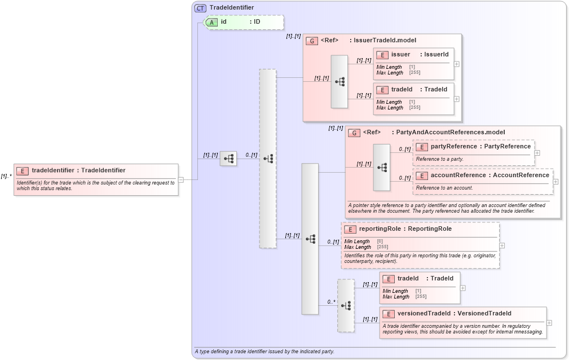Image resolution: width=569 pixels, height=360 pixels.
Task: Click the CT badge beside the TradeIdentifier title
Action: pos(200,8)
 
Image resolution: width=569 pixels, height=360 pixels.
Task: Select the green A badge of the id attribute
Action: pos(212,22)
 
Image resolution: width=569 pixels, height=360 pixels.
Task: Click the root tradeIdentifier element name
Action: pos(78,170)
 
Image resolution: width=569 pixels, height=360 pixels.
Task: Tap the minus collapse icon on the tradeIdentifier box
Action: pos(180,180)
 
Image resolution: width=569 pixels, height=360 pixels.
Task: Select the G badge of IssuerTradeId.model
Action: pos(312,41)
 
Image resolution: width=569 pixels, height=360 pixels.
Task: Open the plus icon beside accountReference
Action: pos(555,182)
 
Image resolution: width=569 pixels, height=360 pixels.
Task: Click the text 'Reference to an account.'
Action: pos(444,187)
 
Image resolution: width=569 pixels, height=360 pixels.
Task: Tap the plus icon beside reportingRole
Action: pos(502,245)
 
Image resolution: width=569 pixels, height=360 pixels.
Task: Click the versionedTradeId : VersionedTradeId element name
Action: pos(454,314)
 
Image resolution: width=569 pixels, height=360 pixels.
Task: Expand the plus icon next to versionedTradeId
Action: pos(549,323)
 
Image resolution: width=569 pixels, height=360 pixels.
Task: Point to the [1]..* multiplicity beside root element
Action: pos(6,176)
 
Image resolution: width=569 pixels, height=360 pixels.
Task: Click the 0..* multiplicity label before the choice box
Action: pos(331,302)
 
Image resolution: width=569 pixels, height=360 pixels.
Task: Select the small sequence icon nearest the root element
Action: pos(228,159)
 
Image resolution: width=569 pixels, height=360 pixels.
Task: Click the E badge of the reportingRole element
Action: pos(350,229)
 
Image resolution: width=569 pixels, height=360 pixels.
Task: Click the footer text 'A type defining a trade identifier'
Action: pos(264,352)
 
